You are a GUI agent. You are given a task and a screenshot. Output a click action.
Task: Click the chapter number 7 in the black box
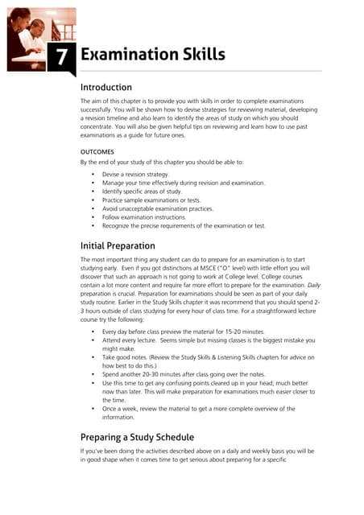[x=60, y=56]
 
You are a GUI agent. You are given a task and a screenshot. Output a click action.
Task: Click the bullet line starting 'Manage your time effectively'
[x=183, y=183]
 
